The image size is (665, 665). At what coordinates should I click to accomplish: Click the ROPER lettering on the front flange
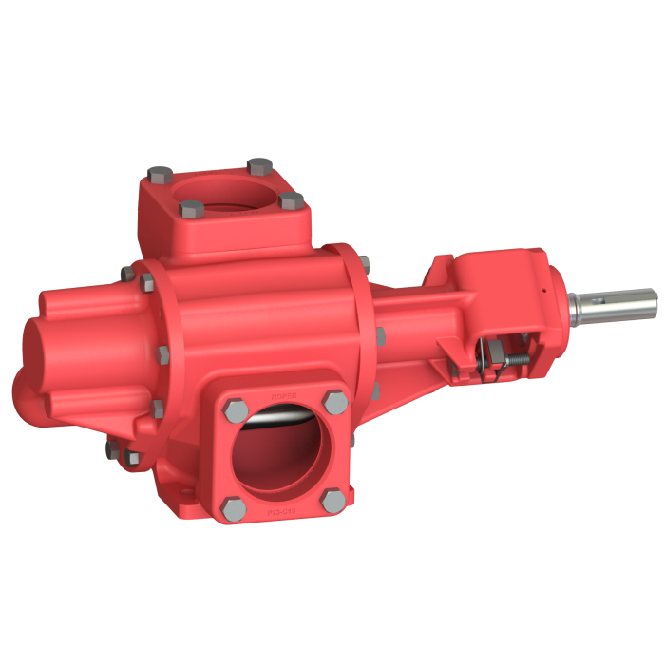tap(280, 389)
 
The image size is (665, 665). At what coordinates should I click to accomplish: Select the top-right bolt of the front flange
tap(333, 400)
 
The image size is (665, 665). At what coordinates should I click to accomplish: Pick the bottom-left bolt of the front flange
tap(232, 505)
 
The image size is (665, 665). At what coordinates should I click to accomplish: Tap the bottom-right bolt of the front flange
tap(332, 499)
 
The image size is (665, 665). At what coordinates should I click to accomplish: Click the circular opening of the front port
tap(283, 456)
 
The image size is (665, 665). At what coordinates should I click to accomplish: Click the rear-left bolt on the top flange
tap(160, 175)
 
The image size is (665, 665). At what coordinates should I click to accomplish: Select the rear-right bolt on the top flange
tap(257, 166)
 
